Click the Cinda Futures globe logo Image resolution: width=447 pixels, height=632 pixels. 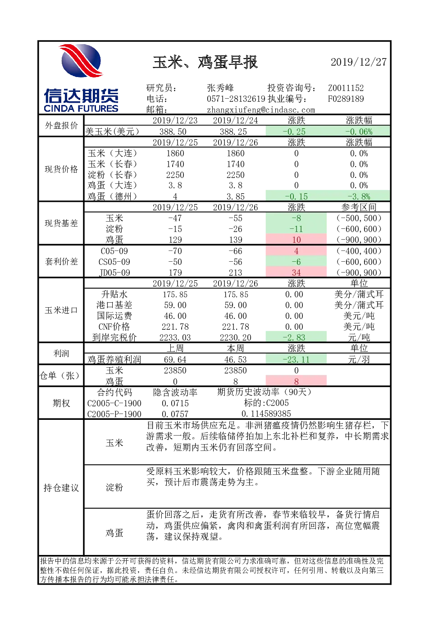click(81, 61)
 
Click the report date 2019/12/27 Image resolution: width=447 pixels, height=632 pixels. click(358, 62)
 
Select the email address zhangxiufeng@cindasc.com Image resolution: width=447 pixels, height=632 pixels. click(261, 110)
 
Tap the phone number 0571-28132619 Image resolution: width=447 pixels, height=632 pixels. click(236, 99)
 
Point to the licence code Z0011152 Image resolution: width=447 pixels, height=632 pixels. click(346, 88)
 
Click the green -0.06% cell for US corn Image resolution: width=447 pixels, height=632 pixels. click(358, 132)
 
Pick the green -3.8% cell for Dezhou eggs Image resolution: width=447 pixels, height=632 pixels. click(358, 196)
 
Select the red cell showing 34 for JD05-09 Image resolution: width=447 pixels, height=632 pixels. click(296, 273)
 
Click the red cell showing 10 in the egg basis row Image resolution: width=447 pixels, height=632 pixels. click(296, 240)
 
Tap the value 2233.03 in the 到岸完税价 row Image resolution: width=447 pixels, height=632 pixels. click(175, 337)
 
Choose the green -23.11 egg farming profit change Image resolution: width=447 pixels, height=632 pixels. click(296, 359)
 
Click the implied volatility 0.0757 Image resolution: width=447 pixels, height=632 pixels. click(175, 414)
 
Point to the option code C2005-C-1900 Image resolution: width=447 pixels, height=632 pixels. click(114, 403)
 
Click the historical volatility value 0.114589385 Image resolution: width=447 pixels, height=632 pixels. click(266, 414)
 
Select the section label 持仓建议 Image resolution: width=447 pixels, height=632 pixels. click(61, 487)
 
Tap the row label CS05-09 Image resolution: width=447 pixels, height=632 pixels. click(114, 262)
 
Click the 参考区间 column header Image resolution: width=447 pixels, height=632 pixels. click(359, 207)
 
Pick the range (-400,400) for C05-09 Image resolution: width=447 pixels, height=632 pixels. click(359, 251)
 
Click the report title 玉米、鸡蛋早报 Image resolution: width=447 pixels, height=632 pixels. click(205, 62)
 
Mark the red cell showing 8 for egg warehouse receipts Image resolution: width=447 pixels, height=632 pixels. click(296, 382)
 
